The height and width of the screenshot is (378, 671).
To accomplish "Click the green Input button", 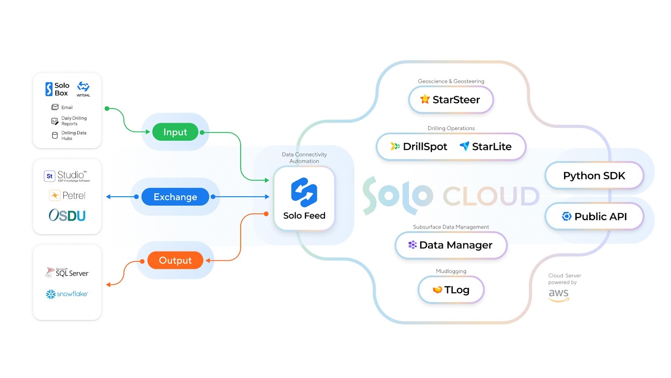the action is pyautogui.click(x=175, y=132).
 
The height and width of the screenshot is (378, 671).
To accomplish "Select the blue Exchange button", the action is pyautogui.click(x=175, y=197).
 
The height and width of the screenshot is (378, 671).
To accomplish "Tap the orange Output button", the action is pyautogui.click(x=175, y=261).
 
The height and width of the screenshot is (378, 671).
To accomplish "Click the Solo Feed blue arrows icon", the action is pyautogui.click(x=304, y=193).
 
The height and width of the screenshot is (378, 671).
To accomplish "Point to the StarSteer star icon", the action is pyautogui.click(x=425, y=99).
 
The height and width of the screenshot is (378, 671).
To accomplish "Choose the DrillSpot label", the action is pyautogui.click(x=424, y=147).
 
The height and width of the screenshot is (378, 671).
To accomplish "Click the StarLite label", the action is pyautogui.click(x=491, y=147).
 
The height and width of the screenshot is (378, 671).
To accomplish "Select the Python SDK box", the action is pyautogui.click(x=594, y=176).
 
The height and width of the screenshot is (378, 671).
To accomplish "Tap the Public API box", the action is pyautogui.click(x=594, y=216).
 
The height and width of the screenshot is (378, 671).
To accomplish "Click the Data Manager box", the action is pyautogui.click(x=451, y=245).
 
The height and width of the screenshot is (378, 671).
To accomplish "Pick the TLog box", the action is pyautogui.click(x=451, y=290).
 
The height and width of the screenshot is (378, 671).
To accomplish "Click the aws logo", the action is pyautogui.click(x=559, y=295).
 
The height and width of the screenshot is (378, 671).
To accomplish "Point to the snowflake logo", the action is pyautogui.click(x=67, y=294).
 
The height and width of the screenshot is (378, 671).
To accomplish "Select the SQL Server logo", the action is pyautogui.click(x=67, y=273).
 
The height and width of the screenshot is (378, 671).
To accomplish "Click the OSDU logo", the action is pyautogui.click(x=67, y=215).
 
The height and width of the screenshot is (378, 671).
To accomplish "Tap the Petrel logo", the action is pyautogui.click(x=67, y=196).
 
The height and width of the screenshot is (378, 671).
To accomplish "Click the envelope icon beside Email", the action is pyautogui.click(x=55, y=107).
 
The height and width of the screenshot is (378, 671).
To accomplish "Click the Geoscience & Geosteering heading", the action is pyautogui.click(x=451, y=81).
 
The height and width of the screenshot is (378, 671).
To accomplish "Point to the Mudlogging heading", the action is pyautogui.click(x=451, y=271).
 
